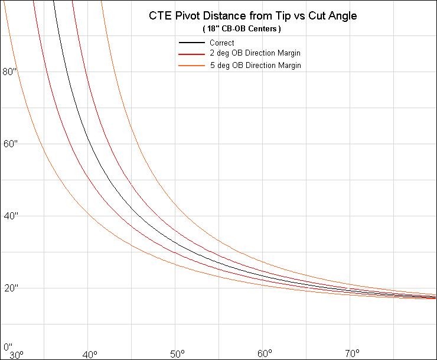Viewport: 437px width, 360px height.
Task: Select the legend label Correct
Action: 221,43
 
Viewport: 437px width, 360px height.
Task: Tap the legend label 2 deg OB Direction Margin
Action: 255,54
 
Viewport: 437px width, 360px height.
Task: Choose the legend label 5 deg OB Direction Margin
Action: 255,65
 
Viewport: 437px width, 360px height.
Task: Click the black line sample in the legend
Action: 192,43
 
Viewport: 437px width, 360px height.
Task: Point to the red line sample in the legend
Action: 192,54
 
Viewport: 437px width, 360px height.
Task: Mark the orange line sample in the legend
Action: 192,66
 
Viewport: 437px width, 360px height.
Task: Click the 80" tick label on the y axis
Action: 11,72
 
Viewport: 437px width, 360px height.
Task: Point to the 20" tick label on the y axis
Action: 11,288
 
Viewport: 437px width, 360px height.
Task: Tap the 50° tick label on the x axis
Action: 177,355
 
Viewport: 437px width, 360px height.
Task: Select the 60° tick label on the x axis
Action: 264,355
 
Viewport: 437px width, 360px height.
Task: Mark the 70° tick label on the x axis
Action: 351,355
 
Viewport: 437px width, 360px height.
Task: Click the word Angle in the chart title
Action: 341,16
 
